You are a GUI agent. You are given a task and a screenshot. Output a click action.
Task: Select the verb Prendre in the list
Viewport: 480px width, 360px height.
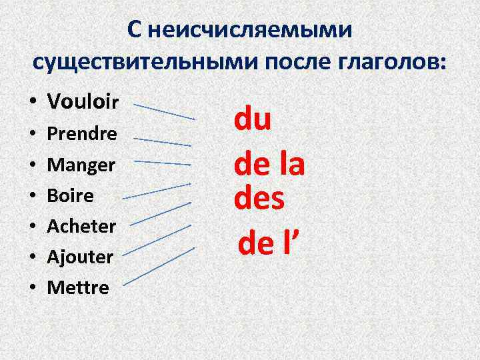click(81, 134)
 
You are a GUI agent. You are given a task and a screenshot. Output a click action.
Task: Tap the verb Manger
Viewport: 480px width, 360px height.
click(81, 165)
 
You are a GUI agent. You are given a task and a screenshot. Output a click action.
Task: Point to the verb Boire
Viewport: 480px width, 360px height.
click(70, 196)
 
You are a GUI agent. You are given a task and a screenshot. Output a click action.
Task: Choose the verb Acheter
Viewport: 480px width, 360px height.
click(81, 226)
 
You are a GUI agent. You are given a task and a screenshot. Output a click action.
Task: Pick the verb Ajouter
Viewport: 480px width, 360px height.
click(80, 256)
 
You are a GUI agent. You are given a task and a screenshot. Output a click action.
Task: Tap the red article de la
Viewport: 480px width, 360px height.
click(269, 164)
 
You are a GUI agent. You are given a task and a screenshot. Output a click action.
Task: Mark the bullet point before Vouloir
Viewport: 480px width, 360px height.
click(32, 102)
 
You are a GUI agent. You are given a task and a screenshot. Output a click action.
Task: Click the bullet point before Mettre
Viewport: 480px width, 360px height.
click(32, 288)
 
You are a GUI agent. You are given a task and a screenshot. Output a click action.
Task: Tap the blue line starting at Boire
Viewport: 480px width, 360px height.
click(157, 190)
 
